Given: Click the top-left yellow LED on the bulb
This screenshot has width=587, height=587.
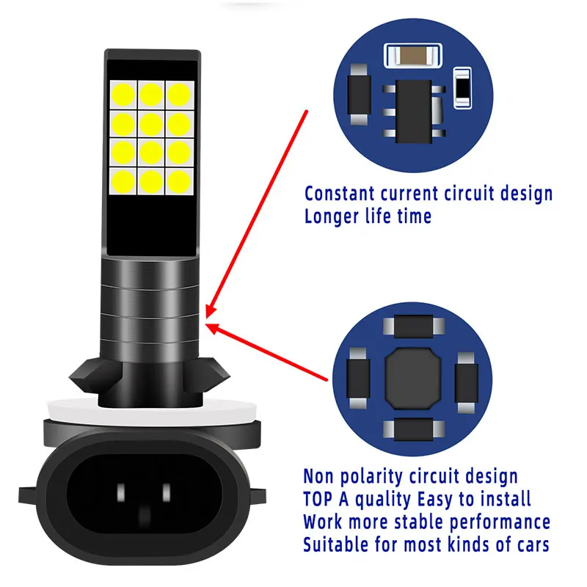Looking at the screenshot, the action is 123,94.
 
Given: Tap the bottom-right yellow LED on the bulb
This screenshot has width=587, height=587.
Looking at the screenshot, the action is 179,180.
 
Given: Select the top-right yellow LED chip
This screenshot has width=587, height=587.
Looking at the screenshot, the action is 179,94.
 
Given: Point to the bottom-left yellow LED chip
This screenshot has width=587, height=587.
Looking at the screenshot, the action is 123,180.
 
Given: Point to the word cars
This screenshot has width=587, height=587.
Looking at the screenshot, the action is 530,545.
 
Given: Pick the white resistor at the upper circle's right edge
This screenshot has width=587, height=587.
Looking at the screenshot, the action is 462,87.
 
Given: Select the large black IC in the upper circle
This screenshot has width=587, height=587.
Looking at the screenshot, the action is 412,103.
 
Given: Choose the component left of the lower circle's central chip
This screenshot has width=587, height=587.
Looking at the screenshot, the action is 358,373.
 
